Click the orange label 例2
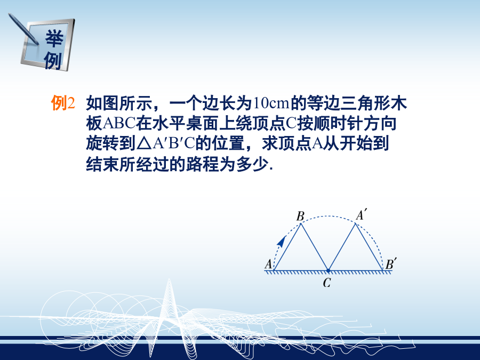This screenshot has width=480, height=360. pyautogui.click(x=63, y=103)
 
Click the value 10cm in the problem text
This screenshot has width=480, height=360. pyautogui.click(x=271, y=103)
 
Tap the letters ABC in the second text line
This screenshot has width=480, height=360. pyautogui.click(x=119, y=123)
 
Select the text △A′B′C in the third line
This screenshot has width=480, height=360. pyautogui.click(x=166, y=143)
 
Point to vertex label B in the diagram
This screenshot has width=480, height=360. pyautogui.click(x=300, y=216)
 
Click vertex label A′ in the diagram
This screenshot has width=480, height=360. pyautogui.click(x=361, y=214)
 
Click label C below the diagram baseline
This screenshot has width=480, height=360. pyautogui.click(x=327, y=283)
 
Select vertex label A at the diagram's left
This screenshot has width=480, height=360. pyautogui.click(x=268, y=264)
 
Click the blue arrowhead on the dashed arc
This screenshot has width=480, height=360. pyautogui.click(x=281, y=241)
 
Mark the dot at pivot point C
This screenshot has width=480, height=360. pyautogui.click(x=328, y=270)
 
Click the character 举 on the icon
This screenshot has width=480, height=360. pyautogui.click(x=54, y=38)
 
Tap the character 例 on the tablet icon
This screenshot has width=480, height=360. pyautogui.click(x=53, y=60)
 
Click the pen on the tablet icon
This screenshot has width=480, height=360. pyautogui.click(x=23, y=29)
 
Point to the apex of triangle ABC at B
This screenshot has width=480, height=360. pyautogui.click(x=301, y=223)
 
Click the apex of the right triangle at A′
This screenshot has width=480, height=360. pyautogui.click(x=355, y=223)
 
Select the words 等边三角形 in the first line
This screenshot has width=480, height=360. pyautogui.click(x=348, y=103)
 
